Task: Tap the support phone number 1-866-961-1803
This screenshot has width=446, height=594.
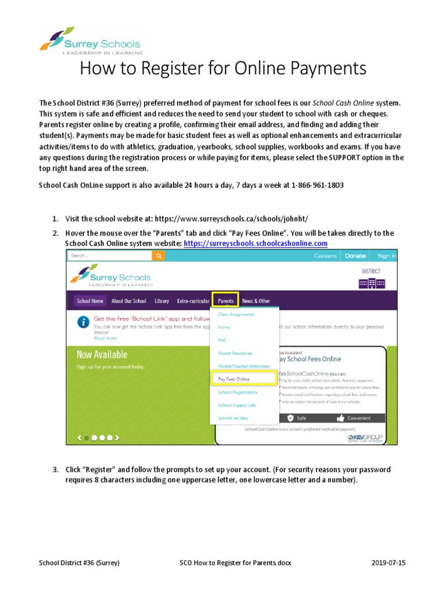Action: click(x=313, y=186)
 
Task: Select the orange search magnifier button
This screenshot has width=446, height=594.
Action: click(x=159, y=255)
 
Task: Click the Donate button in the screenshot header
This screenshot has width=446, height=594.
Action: click(x=355, y=256)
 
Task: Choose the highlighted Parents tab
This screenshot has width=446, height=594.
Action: click(x=225, y=301)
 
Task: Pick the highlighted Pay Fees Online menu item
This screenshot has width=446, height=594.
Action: click(x=234, y=379)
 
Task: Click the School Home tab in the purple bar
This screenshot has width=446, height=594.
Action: click(x=90, y=301)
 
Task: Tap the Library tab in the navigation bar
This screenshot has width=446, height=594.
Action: click(x=161, y=301)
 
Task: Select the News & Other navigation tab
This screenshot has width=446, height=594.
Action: click(x=256, y=301)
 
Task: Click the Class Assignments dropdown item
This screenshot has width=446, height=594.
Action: click(x=236, y=314)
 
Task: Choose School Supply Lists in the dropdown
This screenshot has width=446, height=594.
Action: click(x=236, y=405)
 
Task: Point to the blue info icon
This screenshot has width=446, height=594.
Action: click(x=85, y=321)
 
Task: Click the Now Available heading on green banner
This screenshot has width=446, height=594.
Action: click(x=102, y=354)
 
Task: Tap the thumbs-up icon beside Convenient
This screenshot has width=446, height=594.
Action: click(x=341, y=417)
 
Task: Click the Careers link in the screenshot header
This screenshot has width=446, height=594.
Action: click(x=325, y=256)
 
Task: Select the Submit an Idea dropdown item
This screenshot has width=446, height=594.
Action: click(x=233, y=418)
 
